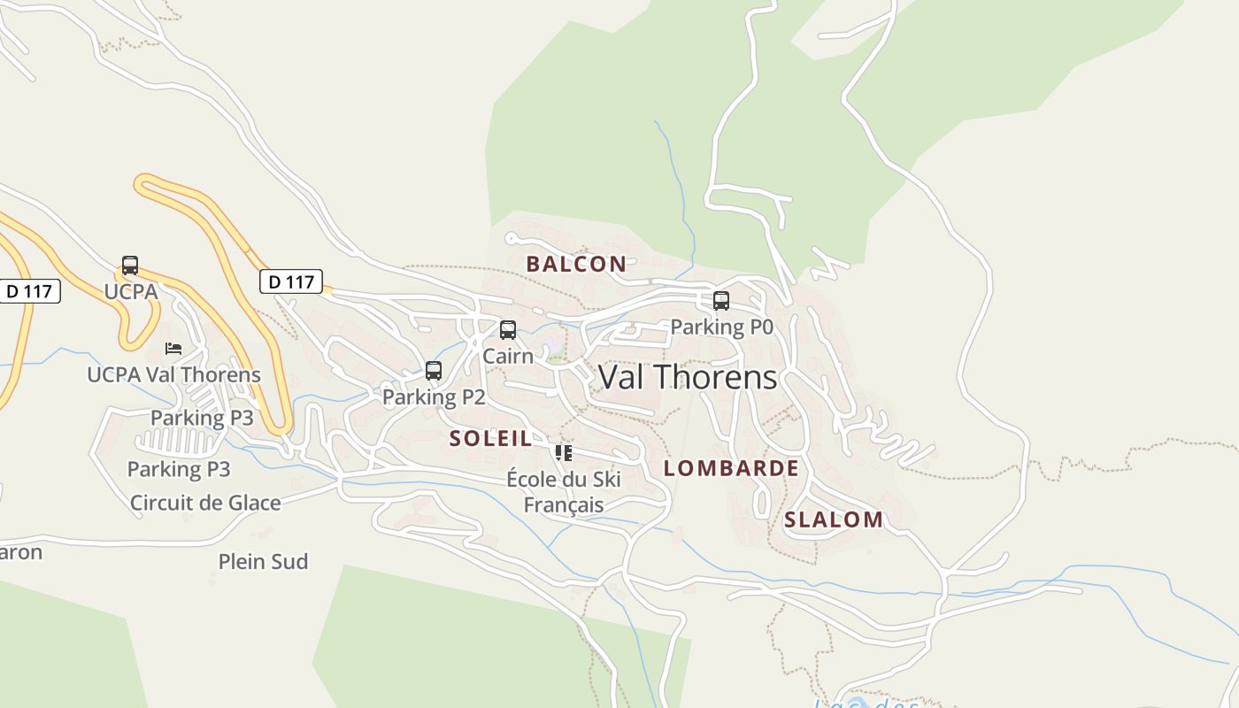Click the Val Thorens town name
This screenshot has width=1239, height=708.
coord(688,377)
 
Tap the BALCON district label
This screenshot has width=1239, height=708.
coord(576,264)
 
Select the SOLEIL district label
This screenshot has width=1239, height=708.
coord(490,438)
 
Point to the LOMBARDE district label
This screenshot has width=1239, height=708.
coord(731,468)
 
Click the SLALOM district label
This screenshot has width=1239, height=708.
coord(833,519)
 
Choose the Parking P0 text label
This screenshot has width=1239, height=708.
coord(721,327)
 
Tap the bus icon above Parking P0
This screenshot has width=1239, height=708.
coord(721,301)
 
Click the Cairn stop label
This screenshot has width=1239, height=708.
coord(508,356)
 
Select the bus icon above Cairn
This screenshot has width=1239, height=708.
coord(508,330)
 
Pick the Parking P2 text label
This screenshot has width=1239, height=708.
coord(434,396)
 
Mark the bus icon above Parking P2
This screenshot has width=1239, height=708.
coord(434,371)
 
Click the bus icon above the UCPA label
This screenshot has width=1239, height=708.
coord(130,265)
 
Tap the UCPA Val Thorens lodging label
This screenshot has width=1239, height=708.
coord(173,374)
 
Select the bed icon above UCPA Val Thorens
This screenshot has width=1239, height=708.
coord(173,349)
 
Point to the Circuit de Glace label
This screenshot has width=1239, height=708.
coord(205,503)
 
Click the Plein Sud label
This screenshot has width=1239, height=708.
coord(263,561)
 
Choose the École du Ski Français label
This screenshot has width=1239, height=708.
coord(564,492)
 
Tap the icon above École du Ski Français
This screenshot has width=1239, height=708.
coord(564,453)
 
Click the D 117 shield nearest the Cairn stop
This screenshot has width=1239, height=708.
coord(291,282)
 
